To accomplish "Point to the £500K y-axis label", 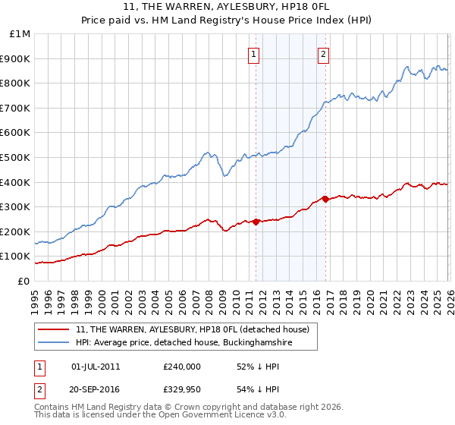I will [16, 157].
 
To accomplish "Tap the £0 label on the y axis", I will [24, 281].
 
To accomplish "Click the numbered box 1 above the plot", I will [253, 54].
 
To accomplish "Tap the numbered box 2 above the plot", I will [324, 54].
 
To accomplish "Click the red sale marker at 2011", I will [256, 222].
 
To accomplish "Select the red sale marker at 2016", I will [325, 199].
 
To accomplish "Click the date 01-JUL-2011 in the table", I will [95, 367].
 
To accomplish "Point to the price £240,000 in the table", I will [182, 367].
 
